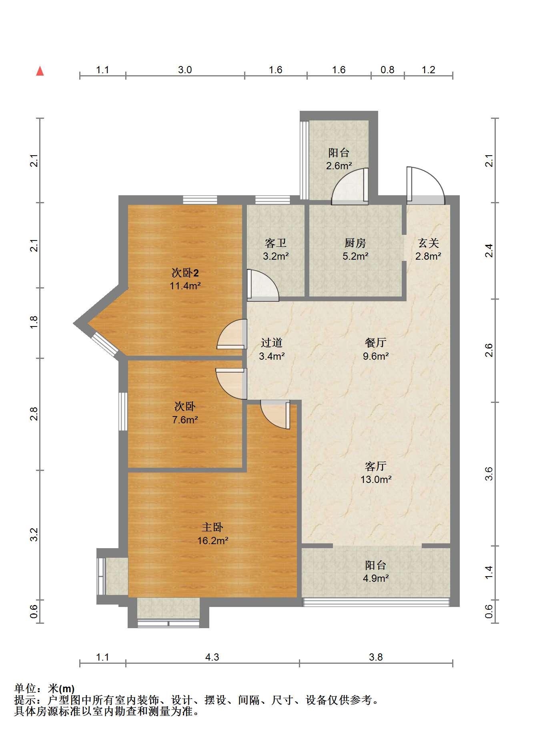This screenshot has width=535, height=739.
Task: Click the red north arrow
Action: (x=40, y=71)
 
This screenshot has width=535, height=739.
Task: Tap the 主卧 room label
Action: (x=212, y=527)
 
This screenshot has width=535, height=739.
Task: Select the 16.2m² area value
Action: (x=212, y=541)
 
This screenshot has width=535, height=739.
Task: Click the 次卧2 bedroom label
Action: (x=185, y=273)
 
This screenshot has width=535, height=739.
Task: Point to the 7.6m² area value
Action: (x=185, y=420)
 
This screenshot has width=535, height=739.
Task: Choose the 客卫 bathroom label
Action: (x=276, y=243)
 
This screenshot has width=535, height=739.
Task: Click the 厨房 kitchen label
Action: (x=355, y=243)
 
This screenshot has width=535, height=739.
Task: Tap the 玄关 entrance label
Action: (x=428, y=243)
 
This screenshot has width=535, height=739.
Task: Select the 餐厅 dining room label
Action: (x=376, y=342)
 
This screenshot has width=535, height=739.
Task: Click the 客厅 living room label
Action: (x=376, y=466)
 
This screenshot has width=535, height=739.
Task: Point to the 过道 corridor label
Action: (x=272, y=342)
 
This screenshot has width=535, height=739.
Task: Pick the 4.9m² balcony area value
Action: (x=376, y=578)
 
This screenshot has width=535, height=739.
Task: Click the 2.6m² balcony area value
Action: (x=339, y=166)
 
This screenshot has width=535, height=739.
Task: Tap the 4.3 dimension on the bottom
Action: (x=212, y=657)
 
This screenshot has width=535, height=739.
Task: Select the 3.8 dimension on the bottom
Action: (x=376, y=657)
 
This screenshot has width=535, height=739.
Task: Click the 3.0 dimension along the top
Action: (x=184, y=70)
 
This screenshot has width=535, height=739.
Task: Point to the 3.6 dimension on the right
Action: (x=489, y=474)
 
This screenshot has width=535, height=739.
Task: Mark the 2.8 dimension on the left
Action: (x=34, y=414)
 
